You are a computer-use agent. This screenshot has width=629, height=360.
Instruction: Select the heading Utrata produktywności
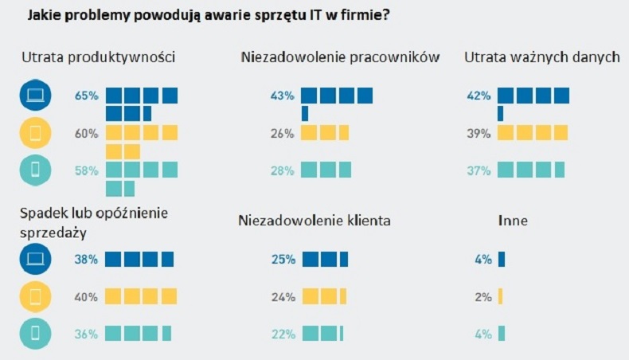tap(99, 57)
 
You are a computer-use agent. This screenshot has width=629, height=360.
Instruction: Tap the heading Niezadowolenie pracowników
tap(338, 57)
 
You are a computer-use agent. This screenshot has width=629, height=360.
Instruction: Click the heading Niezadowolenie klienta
tap(314, 219)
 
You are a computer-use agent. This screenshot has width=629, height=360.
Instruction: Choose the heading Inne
tap(512, 219)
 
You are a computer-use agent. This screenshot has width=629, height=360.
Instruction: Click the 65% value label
tap(86, 96)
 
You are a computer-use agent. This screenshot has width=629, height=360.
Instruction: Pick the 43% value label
tap(283, 96)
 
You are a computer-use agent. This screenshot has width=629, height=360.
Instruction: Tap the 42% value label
tap(479, 96)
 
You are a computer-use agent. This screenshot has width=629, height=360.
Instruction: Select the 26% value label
tap(283, 134)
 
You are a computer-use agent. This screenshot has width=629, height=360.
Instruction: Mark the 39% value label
tap(479, 134)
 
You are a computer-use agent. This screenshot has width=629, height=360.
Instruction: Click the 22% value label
tap(283, 335)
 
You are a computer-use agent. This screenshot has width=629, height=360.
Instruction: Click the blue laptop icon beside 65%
tap(36, 96)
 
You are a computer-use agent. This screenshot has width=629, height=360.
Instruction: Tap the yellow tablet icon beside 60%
tap(36, 134)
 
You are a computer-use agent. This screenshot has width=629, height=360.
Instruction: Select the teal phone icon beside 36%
tap(36, 335)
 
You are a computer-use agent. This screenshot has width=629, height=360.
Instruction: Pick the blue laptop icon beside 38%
tap(36, 259)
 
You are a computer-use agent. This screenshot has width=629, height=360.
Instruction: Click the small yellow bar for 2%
tap(500, 297)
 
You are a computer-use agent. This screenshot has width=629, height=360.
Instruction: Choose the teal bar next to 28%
tap(326, 170)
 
